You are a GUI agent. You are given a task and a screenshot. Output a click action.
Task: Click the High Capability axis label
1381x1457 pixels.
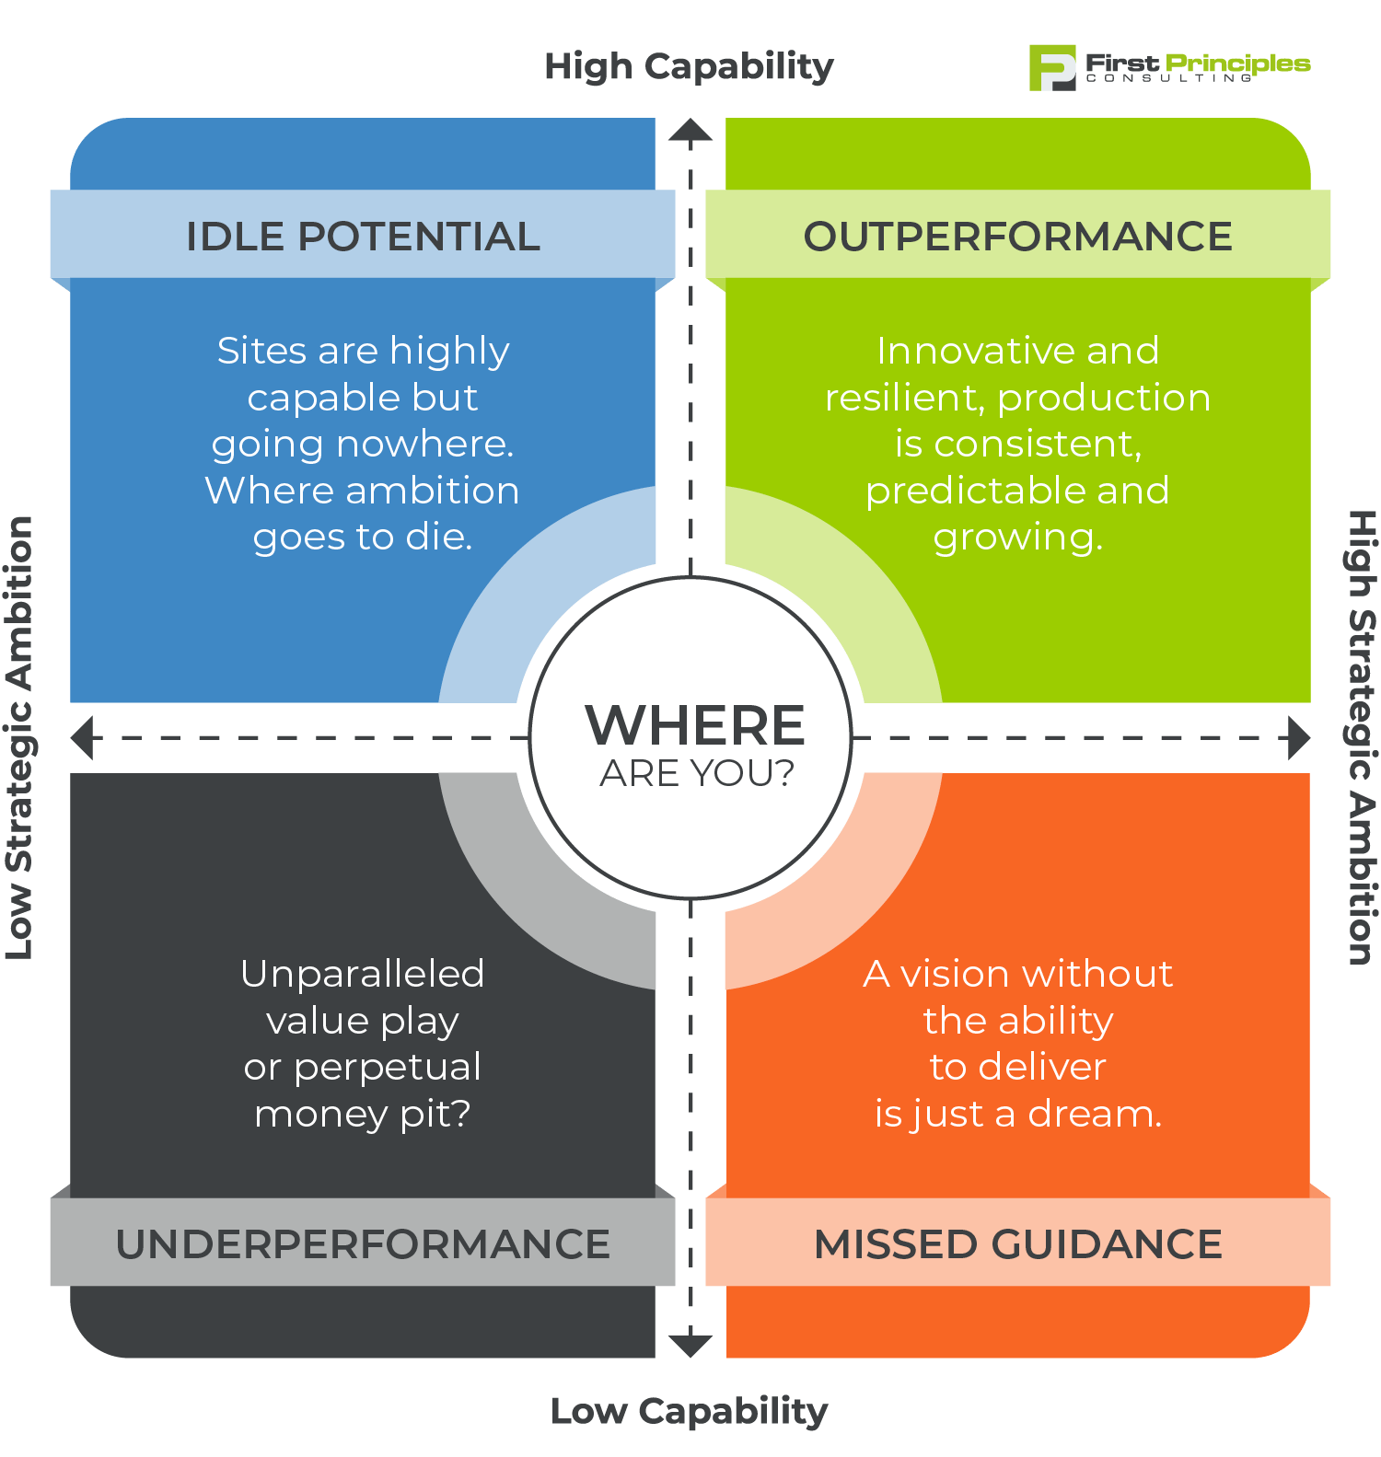click(x=689, y=67)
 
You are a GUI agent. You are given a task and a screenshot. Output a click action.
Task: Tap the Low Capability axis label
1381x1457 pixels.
click(x=689, y=1411)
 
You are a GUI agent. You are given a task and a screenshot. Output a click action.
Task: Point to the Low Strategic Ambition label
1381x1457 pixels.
click(x=19, y=737)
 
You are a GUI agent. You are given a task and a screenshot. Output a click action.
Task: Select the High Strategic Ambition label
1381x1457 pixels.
click(x=1362, y=737)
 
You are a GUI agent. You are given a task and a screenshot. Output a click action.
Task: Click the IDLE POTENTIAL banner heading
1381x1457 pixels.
click(x=363, y=237)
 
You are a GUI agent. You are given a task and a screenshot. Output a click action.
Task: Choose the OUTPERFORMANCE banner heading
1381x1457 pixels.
click(x=1017, y=237)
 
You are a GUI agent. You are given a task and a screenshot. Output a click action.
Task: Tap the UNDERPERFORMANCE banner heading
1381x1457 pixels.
click(x=363, y=1244)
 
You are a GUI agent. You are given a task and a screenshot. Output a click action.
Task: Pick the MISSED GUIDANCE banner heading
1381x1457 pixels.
click(x=1017, y=1244)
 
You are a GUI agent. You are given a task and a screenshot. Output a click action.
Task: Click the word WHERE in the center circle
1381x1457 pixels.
click(x=695, y=725)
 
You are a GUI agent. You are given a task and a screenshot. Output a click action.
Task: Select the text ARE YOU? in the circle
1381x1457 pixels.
click(x=697, y=774)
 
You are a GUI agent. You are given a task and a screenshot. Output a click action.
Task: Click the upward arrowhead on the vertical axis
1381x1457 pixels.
click(x=690, y=131)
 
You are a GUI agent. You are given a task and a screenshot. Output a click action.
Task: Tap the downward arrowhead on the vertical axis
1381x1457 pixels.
click(x=690, y=1346)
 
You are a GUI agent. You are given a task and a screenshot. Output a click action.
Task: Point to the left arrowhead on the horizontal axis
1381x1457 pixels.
click(x=82, y=738)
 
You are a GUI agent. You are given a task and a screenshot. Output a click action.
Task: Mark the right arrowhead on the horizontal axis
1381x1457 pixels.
click(x=1299, y=738)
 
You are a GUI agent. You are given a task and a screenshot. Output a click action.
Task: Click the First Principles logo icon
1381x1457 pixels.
click(x=1052, y=68)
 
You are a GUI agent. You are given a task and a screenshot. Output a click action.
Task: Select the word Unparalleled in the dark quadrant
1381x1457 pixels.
click(x=362, y=974)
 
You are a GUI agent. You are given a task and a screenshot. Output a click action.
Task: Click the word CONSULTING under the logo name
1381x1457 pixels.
click(x=1169, y=79)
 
